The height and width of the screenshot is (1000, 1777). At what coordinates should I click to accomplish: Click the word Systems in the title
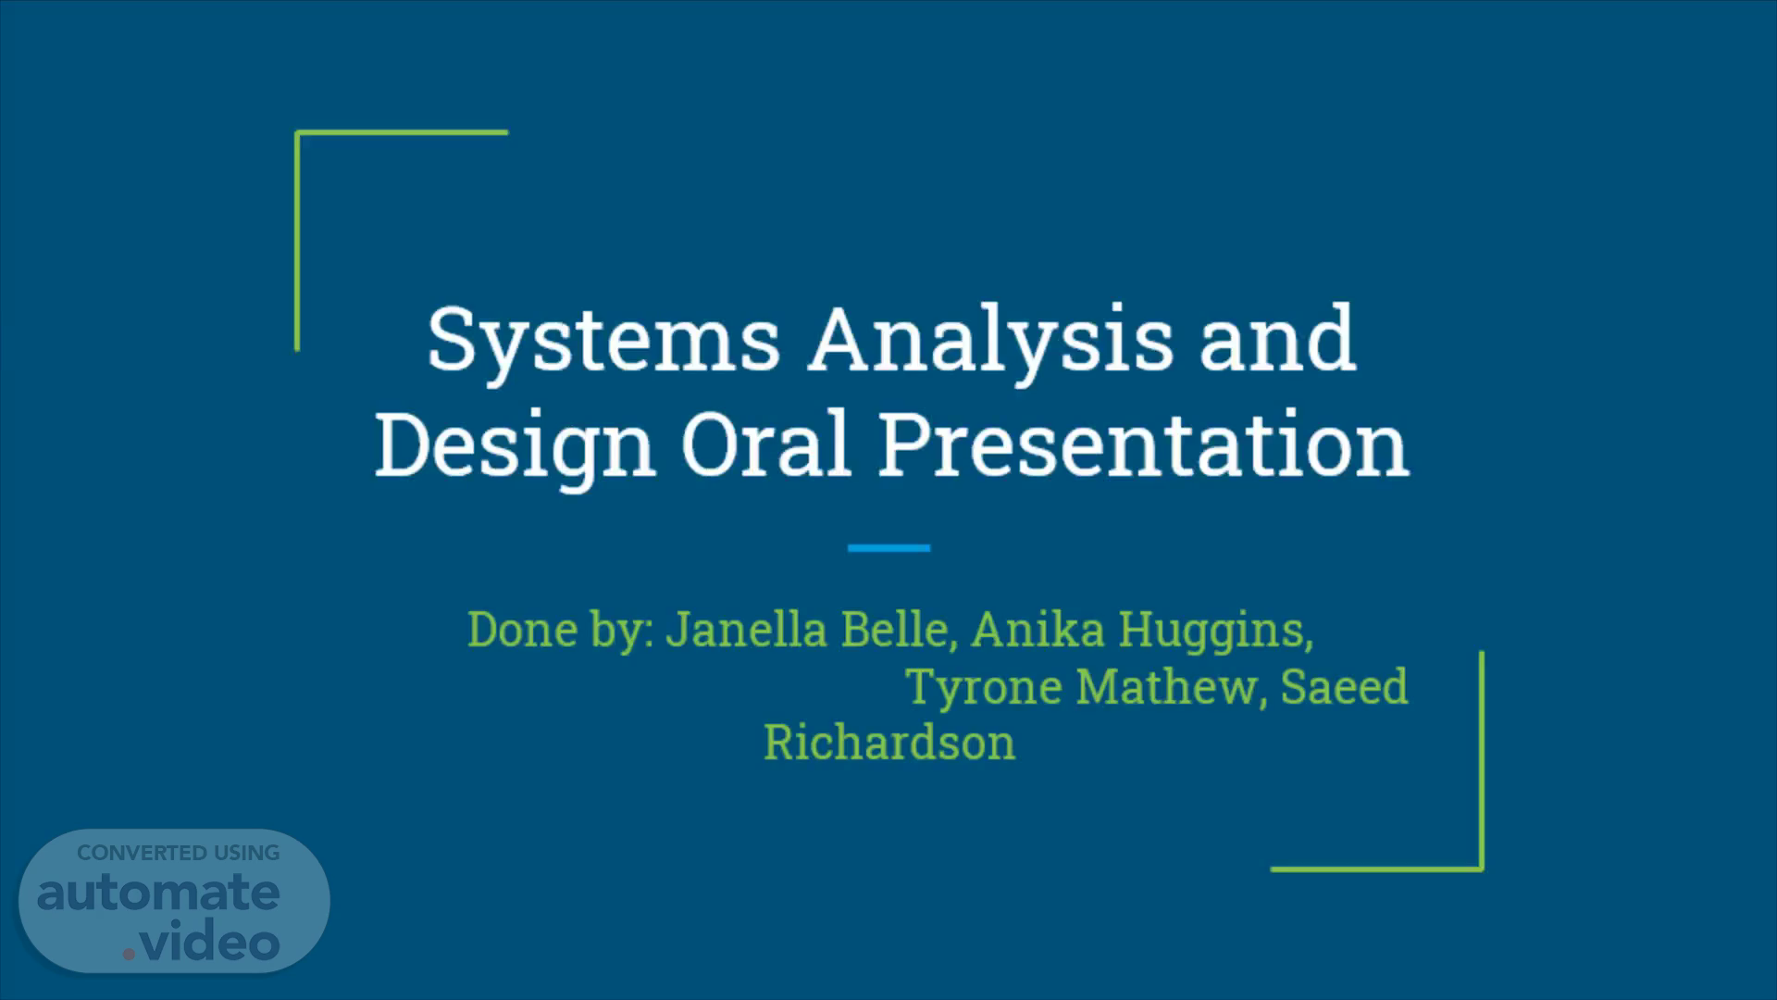click(x=603, y=342)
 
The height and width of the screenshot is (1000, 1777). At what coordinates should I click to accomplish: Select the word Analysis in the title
click(x=990, y=342)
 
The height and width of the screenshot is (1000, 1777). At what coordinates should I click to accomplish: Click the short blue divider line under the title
click(x=888, y=548)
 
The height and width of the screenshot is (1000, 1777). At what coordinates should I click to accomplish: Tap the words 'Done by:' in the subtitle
click(x=561, y=631)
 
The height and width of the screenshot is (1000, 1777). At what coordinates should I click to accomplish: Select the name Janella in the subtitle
click(x=746, y=630)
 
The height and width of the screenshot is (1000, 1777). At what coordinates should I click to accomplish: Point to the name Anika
click(x=1038, y=630)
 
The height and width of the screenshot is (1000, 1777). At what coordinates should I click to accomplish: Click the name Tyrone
click(x=984, y=688)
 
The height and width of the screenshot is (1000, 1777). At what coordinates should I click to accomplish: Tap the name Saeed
click(x=1344, y=687)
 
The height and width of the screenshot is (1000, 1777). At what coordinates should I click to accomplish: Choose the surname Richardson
click(x=889, y=743)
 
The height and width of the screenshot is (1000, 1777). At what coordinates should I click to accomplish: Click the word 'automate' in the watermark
click(x=158, y=893)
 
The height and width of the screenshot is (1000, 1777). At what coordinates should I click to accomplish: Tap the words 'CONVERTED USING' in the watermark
click(x=178, y=853)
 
